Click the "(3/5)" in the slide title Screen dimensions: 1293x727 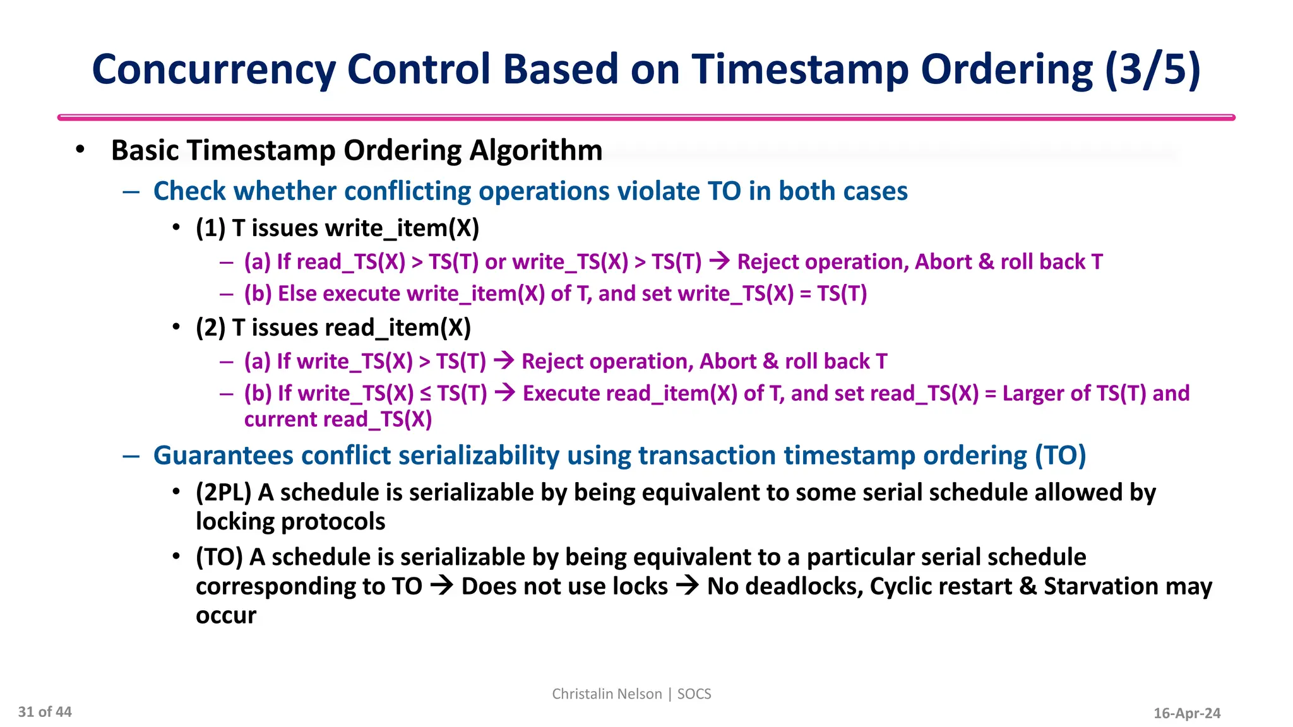click(1153, 69)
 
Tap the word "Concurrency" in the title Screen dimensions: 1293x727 click(213, 69)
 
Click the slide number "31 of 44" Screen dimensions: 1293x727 click(45, 712)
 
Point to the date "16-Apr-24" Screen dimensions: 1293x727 click(1187, 713)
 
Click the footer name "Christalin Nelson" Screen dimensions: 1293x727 click(607, 694)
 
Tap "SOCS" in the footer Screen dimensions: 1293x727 click(694, 694)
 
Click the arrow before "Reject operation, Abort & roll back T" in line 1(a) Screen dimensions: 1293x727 click(719, 261)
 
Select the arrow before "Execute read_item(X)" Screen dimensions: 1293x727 click(504, 393)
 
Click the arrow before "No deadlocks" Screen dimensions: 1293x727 click(687, 586)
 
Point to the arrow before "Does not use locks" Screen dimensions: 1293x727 click(441, 586)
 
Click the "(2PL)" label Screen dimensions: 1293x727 click(223, 492)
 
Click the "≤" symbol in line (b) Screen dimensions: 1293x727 click(426, 393)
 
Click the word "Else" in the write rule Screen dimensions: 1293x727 click(297, 293)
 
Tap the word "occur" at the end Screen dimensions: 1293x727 click(226, 615)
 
